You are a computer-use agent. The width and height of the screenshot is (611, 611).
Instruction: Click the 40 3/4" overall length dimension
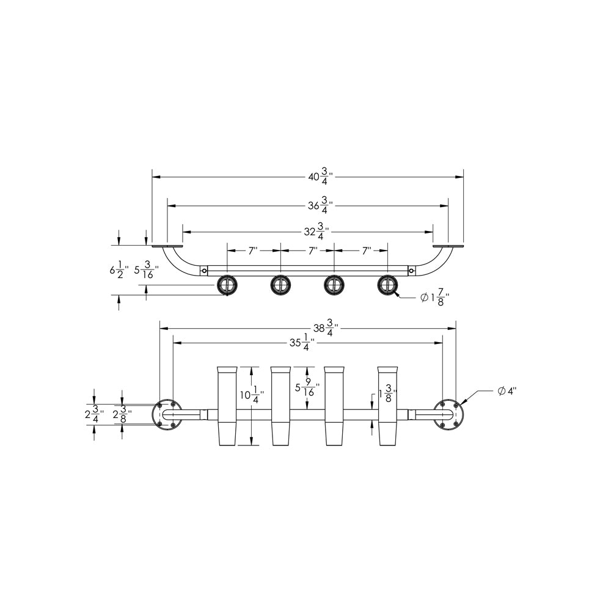[x=320, y=177]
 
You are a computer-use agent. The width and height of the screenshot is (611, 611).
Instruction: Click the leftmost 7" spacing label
[x=253, y=251]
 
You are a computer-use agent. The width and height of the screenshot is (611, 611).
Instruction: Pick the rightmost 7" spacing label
[x=367, y=251]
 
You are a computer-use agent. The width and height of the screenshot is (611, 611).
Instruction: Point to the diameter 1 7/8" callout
[x=433, y=298]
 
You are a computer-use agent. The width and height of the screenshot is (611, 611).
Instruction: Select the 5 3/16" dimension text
[x=146, y=269]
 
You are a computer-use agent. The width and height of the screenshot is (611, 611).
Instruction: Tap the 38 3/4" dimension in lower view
[x=324, y=328]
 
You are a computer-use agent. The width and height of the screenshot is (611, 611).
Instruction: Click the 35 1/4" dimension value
[x=302, y=344]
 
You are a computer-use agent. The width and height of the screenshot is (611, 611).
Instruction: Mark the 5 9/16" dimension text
[x=305, y=389]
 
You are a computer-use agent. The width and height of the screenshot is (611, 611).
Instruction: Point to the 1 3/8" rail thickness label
[x=387, y=395]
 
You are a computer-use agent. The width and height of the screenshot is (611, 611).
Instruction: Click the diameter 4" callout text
[x=507, y=391]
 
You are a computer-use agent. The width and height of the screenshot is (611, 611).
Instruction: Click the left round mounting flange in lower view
[x=166, y=414]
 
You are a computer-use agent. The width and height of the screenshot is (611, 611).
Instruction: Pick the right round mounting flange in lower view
[x=448, y=414]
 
